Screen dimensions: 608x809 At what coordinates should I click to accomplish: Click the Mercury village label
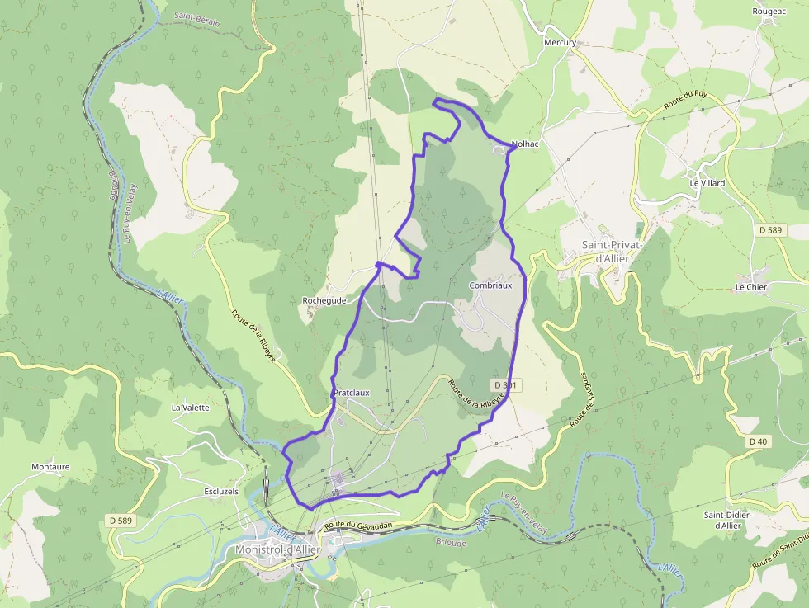pos(560,42)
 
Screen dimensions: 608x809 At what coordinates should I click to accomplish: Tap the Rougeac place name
pos(769,11)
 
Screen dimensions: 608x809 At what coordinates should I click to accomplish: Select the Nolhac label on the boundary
pos(525,144)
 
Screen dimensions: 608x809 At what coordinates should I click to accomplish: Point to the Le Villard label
pos(707,183)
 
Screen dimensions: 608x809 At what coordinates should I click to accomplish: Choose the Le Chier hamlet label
pos(750,287)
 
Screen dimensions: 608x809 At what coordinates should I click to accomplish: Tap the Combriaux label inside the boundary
pos(490,285)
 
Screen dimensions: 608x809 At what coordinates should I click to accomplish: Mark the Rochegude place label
pos(324,301)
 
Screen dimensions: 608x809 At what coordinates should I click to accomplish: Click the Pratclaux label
pos(352,393)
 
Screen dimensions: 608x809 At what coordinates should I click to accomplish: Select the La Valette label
pos(190,408)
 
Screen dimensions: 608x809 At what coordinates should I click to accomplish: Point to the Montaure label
pos(50,467)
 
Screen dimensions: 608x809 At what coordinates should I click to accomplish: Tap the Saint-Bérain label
pos(197,19)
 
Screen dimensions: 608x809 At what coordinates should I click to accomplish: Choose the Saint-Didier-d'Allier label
pos(726,520)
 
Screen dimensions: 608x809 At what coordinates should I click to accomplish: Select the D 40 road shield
pos(758,442)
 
